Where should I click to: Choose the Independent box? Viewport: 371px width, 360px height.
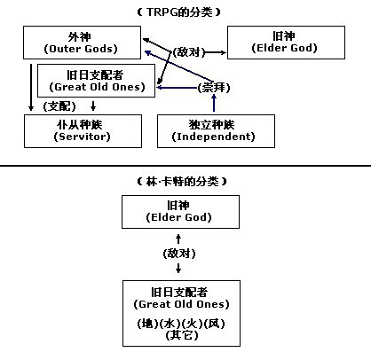click(x=205, y=130)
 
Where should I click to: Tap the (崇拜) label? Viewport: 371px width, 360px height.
click(x=211, y=89)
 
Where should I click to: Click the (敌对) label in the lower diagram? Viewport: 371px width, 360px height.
click(x=179, y=254)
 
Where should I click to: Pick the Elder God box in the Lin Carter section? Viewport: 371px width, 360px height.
click(x=179, y=210)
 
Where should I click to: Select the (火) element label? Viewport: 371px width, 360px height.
click(x=192, y=323)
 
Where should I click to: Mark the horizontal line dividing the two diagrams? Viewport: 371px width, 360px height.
click(x=185, y=165)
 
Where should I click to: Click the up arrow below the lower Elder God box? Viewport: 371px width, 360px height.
click(x=179, y=238)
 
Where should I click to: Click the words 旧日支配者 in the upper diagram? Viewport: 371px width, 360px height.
click(x=99, y=74)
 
